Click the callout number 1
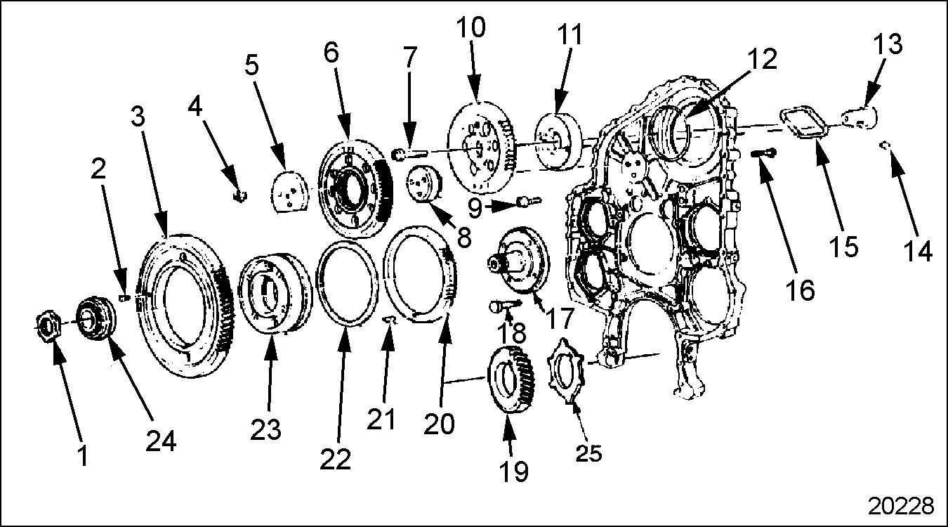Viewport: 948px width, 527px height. [x=83, y=456]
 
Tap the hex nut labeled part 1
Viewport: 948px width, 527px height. [x=48, y=326]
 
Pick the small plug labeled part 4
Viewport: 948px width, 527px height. [x=239, y=195]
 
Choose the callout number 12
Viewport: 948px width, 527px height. [x=762, y=59]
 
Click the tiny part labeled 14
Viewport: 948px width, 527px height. [x=886, y=145]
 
